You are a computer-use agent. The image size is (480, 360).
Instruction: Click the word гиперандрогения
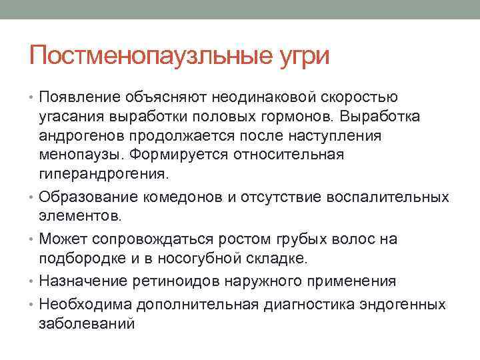[103, 175]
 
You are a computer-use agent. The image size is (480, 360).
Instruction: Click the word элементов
[80, 216]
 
